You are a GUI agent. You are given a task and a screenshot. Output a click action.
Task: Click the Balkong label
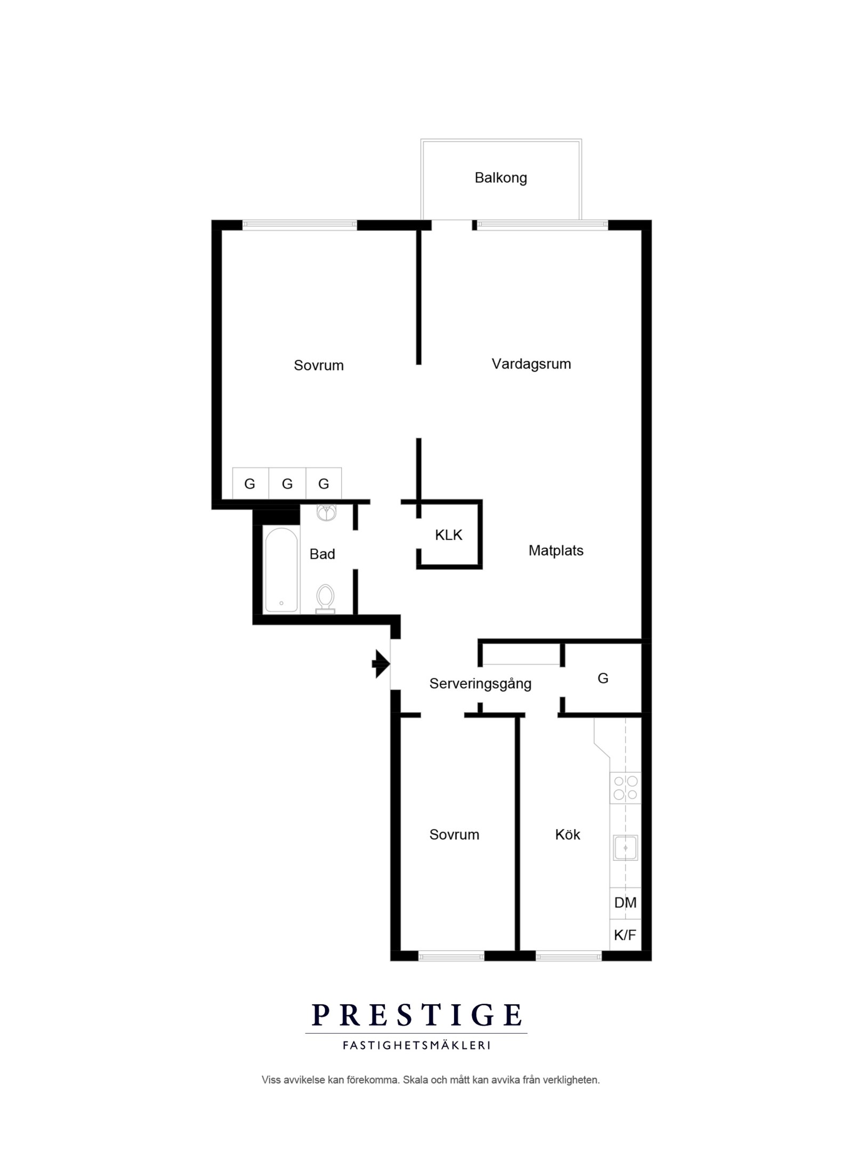click(500, 178)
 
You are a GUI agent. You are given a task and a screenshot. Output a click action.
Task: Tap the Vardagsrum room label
click(531, 364)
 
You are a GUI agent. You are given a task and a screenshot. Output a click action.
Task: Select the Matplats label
click(556, 550)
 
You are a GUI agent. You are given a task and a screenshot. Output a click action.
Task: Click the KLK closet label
click(448, 535)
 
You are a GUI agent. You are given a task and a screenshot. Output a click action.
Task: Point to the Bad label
click(322, 554)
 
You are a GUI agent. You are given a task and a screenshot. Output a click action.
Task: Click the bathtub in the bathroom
click(281, 570)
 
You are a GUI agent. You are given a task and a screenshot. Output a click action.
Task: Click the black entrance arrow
click(381, 664)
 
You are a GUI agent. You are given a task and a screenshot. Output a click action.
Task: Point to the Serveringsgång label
click(480, 684)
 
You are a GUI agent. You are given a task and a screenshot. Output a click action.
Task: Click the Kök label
click(567, 835)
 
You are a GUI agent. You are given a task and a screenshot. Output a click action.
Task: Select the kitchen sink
click(626, 848)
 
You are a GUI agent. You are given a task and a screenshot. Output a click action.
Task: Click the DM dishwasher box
click(625, 902)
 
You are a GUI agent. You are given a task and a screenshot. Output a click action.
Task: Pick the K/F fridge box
click(625, 935)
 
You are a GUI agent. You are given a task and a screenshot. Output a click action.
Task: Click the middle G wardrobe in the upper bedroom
click(287, 484)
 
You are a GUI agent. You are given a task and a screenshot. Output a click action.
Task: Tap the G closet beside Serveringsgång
click(603, 678)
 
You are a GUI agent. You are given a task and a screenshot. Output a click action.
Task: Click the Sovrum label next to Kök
click(454, 835)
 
